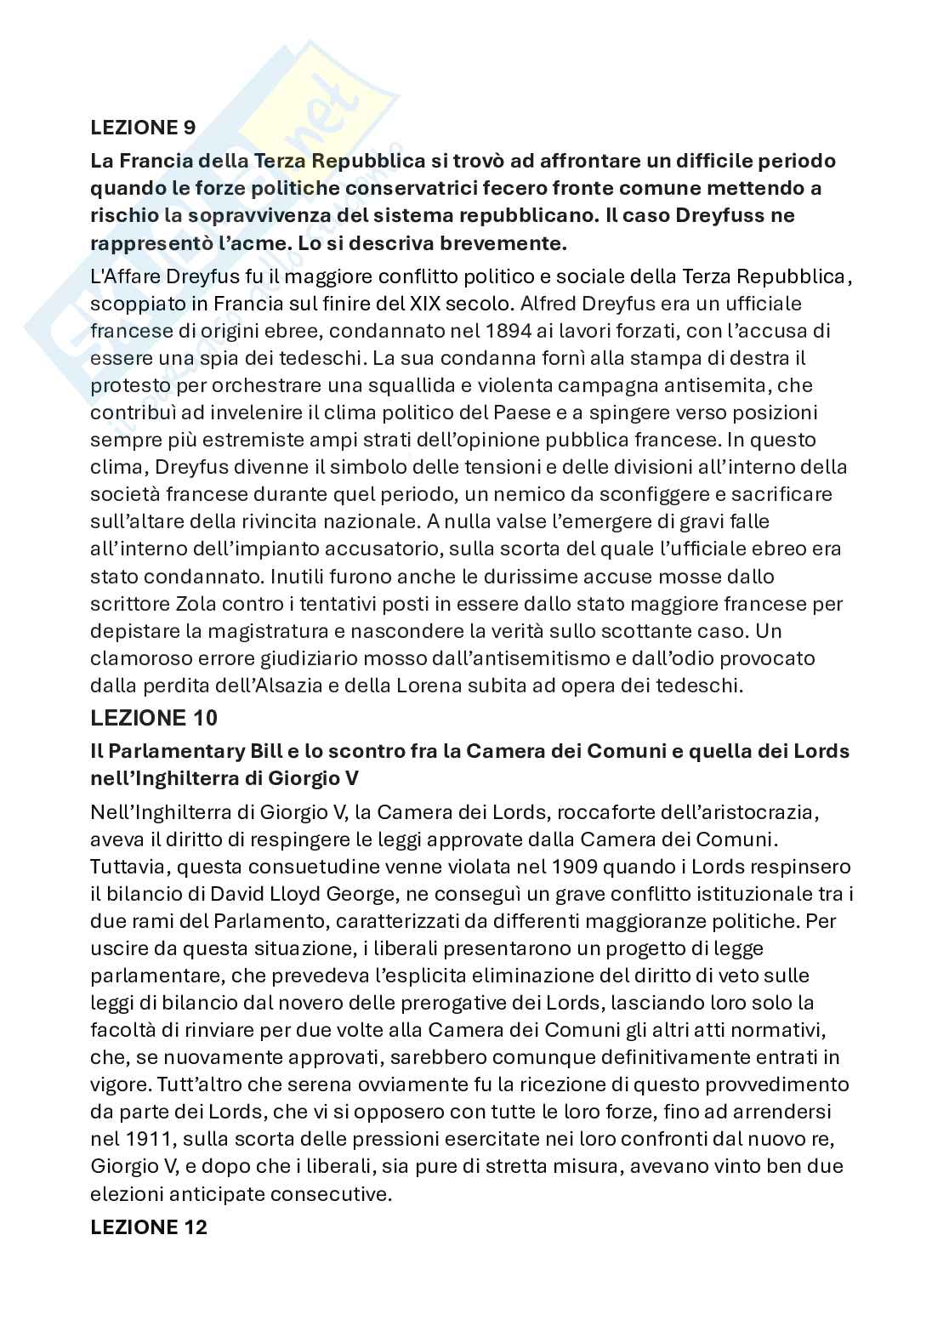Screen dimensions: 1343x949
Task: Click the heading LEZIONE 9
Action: [x=143, y=128]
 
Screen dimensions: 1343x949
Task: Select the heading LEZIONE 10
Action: [x=154, y=718]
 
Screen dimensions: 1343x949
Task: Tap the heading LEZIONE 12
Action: [x=149, y=1227]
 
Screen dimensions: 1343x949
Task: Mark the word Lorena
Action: [x=497, y=686]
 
